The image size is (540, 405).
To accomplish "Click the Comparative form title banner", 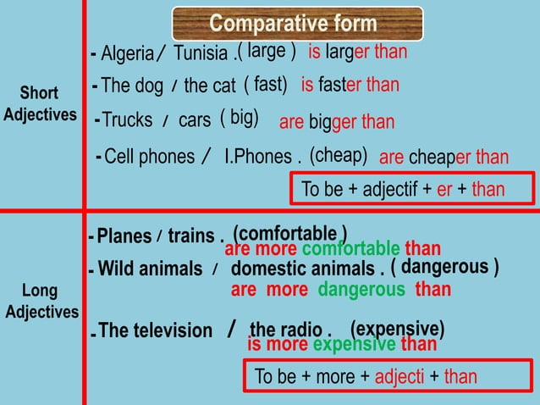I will coord(297,24).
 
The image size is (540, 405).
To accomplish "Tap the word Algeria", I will coord(126,54).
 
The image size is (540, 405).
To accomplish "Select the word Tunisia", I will coord(201,53).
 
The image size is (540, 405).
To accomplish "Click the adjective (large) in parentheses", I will coord(267,52).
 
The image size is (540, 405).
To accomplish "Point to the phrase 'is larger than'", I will coord(357,53).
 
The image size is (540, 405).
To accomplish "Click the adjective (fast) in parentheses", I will coord(266,85).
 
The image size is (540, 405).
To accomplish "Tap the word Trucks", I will coord(128,120).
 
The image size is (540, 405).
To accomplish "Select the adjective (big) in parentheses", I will coord(240,118).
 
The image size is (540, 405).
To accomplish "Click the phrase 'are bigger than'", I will coord(337,122).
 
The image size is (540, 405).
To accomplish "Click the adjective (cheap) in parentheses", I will coord(339,156).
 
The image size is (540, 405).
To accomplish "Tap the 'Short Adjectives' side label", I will coord(40,103).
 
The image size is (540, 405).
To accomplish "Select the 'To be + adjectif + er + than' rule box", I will coord(412,189).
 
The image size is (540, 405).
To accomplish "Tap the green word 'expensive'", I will coord(354,344).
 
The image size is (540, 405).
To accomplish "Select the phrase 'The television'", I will coord(156,330).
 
